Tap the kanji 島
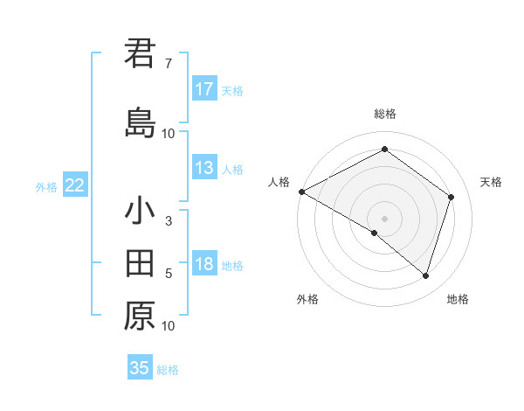[140, 122]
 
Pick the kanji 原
[140, 316]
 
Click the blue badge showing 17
[204, 89]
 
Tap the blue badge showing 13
[204, 168]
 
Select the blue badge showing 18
[204, 264]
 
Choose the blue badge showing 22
[75, 185]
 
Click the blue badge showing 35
[140, 368]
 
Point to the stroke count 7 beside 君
[169, 64]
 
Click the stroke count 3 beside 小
[169, 221]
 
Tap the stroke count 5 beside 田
[169, 274]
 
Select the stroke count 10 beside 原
[169, 326]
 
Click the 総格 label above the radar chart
[385, 114]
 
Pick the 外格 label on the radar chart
[307, 299]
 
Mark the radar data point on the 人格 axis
[301, 191]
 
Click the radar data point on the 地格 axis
[425, 275]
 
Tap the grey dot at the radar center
[384, 218]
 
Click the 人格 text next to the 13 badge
[232, 170]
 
